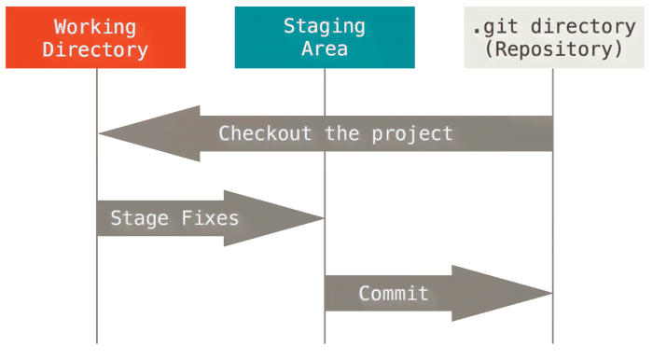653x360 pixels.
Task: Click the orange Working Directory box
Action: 95,37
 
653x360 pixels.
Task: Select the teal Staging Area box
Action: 325,37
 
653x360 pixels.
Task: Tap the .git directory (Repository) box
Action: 554,37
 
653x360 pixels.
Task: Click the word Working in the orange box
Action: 95,27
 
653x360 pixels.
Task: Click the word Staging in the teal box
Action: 325,26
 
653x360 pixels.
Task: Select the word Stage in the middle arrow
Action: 139,219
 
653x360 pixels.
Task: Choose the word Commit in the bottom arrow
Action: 394,294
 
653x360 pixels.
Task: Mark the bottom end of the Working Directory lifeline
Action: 96,341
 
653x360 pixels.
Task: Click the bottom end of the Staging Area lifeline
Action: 326,341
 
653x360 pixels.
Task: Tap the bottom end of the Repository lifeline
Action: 553,341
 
